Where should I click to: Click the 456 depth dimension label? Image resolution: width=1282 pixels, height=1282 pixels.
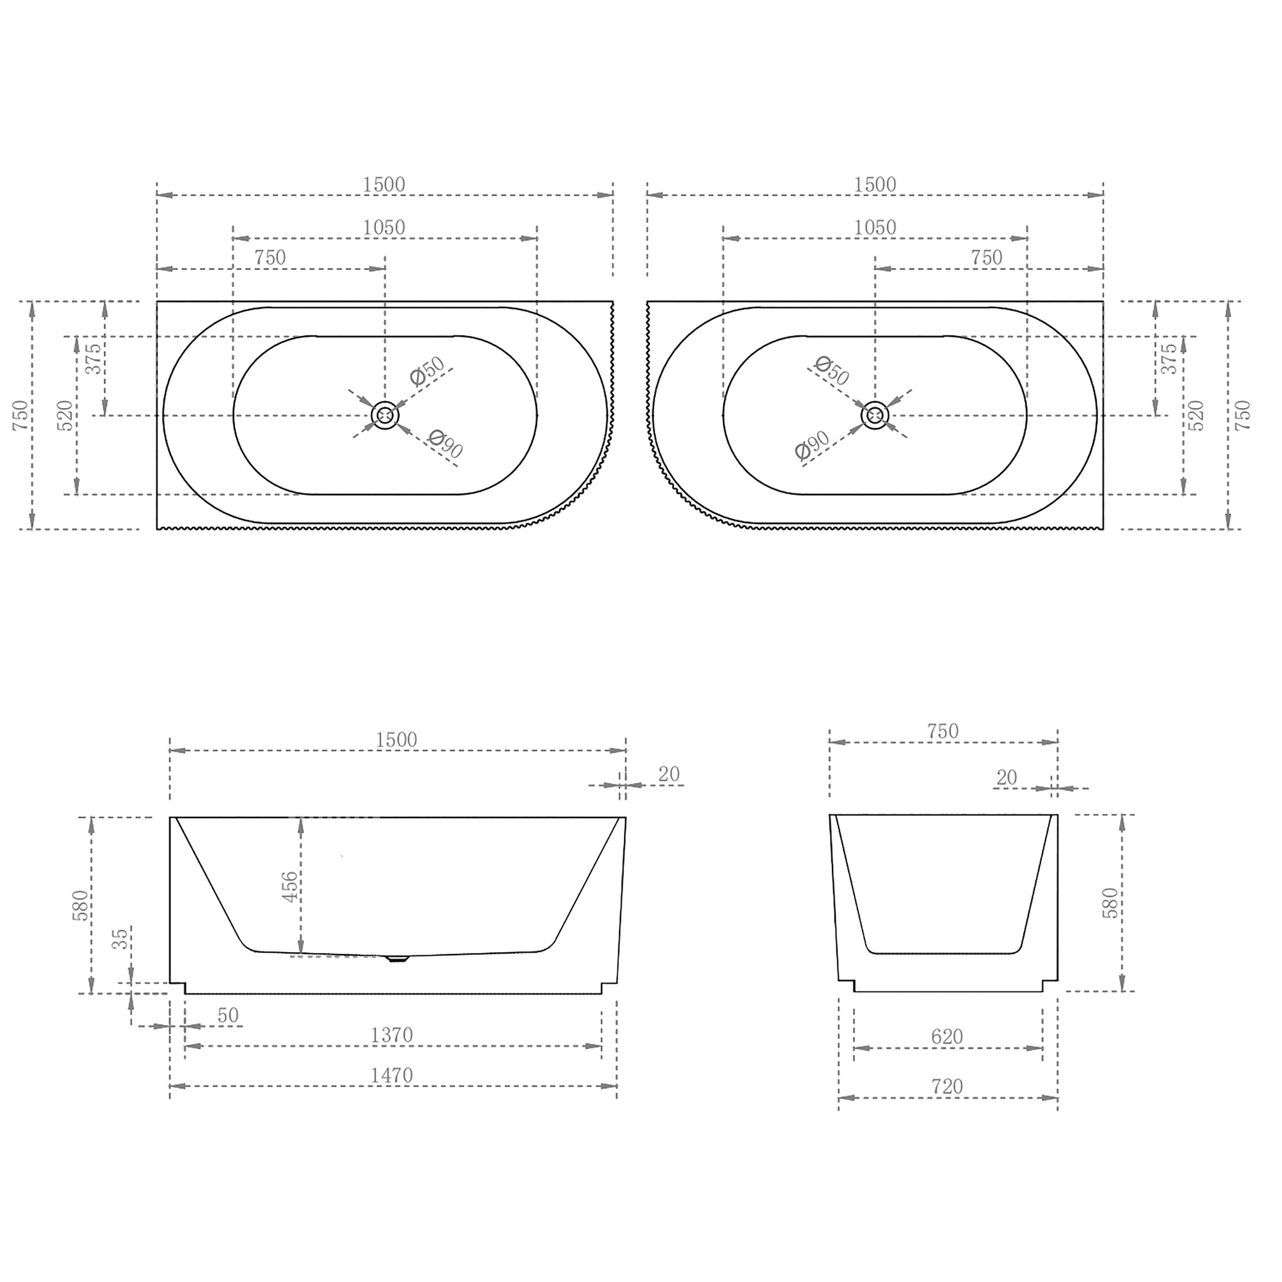click(290, 887)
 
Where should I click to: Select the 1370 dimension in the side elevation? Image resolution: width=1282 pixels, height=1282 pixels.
click(391, 1035)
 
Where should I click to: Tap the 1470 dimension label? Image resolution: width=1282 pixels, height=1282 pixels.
click(391, 1075)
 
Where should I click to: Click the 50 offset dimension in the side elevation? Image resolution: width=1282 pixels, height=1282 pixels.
click(228, 1015)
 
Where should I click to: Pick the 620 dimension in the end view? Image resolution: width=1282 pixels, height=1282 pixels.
click(947, 1037)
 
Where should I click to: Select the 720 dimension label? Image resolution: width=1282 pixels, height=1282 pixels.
click(947, 1087)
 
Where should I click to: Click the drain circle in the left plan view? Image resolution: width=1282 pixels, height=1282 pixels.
click(385, 416)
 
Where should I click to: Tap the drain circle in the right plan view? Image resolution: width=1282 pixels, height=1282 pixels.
click(875, 416)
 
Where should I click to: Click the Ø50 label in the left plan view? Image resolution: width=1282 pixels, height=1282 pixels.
click(427, 372)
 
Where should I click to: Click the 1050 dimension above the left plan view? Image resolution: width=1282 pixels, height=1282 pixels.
click(384, 228)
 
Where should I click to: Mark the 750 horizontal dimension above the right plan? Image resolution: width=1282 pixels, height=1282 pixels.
click(986, 258)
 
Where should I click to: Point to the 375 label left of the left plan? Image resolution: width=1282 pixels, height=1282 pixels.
click(95, 358)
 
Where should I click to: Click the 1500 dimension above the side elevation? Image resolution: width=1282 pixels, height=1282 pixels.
click(396, 740)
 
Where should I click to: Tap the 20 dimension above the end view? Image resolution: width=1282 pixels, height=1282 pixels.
click(1007, 777)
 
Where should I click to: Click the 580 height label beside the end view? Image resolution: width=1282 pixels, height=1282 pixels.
click(1110, 903)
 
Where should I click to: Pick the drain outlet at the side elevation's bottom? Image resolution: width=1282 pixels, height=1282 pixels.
click(397, 958)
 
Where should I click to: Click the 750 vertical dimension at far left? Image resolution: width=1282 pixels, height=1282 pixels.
click(21, 416)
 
